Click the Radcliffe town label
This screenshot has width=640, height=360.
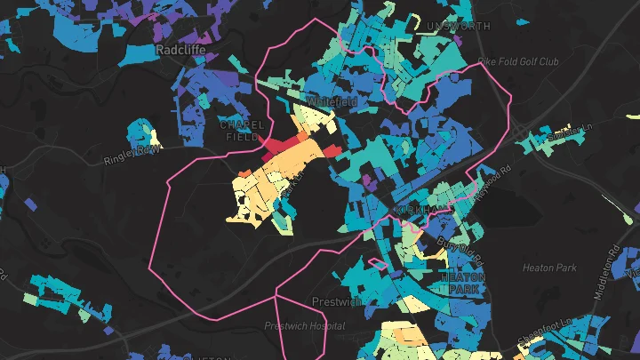pyautogui.click(x=181, y=51)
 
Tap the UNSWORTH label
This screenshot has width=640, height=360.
pyautogui.click(x=458, y=27)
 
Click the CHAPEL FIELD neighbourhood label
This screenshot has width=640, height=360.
pyautogui.click(x=242, y=131)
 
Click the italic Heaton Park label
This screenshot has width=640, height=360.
pyautogui.click(x=549, y=268)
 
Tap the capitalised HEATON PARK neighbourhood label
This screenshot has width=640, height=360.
pyautogui.click(x=462, y=283)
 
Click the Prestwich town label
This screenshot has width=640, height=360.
pyautogui.click(x=335, y=301)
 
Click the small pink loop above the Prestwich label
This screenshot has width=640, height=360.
pyautogui.click(x=377, y=264)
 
